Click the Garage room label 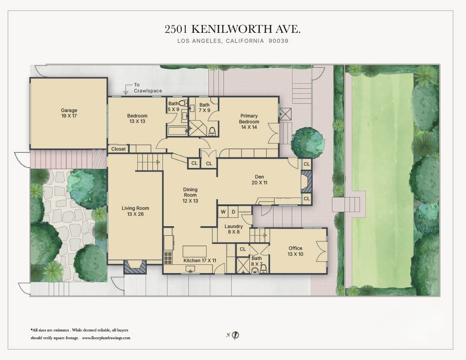click(69, 113)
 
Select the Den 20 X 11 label click(259, 179)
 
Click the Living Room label click(135, 211)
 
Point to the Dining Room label click(190, 195)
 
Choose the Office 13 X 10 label click(295, 251)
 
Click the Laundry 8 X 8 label click(233, 229)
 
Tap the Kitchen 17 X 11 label click(200, 260)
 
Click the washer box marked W click(223, 212)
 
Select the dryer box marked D click(233, 212)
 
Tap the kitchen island click(194, 251)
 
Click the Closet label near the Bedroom click(118, 149)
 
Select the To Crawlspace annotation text click(147, 88)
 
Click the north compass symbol click(235, 335)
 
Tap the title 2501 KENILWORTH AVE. click(233, 29)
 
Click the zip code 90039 click(279, 41)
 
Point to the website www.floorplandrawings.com click(106, 338)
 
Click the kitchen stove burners click(167, 258)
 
